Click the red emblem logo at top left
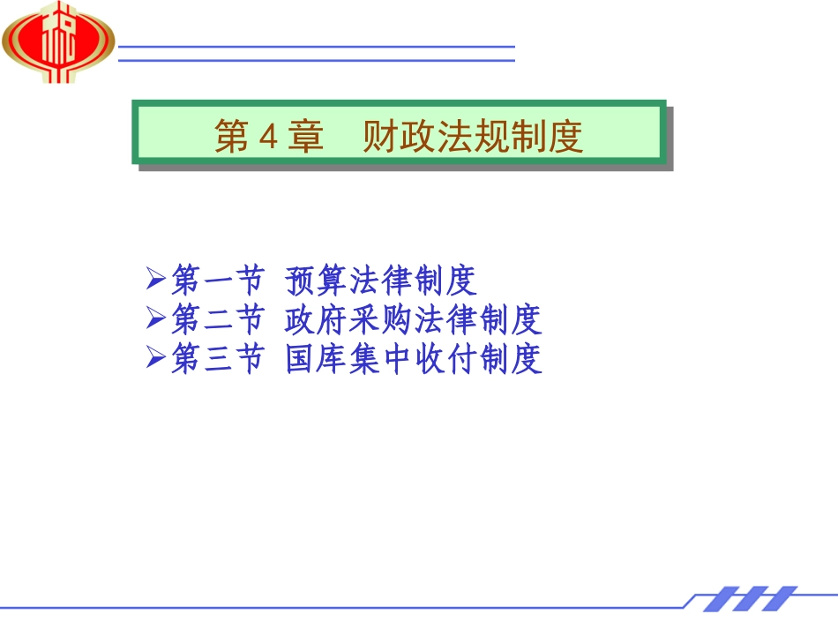coord(58,42)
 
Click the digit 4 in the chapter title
coord(271,138)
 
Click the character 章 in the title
coord(307,138)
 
